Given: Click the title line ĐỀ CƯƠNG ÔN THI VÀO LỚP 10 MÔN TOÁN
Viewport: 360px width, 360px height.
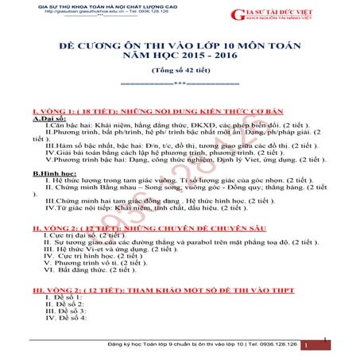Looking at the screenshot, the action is [180, 46].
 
